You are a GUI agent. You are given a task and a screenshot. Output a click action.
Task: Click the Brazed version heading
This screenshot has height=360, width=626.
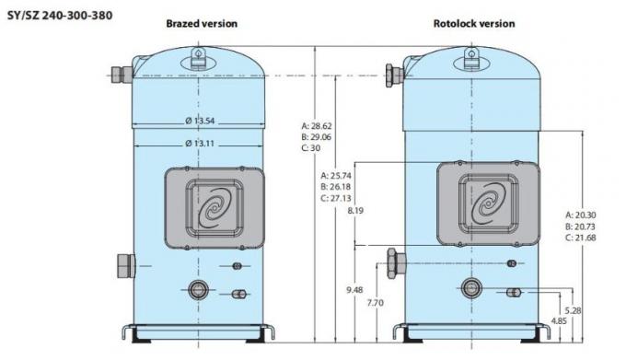tap(201, 23)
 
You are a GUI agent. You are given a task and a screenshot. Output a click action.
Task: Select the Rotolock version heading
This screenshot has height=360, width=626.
tap(474, 23)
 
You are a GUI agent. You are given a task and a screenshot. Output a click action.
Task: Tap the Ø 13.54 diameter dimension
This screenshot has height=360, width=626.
tap(200, 121)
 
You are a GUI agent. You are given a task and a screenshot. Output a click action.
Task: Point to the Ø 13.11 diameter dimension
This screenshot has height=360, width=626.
tap(200, 143)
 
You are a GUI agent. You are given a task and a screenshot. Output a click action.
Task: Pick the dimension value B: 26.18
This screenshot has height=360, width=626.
tap(338, 185)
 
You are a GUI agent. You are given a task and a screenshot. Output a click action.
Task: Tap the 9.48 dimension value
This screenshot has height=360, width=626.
tap(354, 290)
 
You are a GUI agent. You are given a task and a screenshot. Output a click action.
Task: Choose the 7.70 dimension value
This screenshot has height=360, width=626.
tap(375, 302)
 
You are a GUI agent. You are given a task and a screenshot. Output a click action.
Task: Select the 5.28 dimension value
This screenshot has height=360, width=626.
tap(573, 309)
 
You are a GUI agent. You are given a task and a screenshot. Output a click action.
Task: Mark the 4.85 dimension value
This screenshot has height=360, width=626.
tap(559, 321)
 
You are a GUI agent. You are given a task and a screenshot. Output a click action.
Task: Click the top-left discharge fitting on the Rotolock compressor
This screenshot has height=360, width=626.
tap(392, 71)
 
